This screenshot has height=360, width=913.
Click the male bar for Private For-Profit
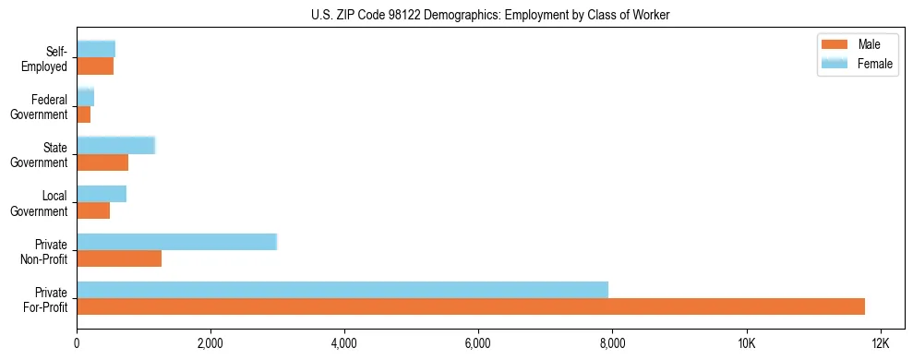[471, 306]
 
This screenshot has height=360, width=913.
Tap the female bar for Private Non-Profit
[176, 242]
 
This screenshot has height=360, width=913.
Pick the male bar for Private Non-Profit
[119, 258]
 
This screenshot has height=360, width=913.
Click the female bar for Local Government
[102, 194]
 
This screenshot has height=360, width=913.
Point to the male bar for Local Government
[93, 210]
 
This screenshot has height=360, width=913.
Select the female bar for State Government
[115, 145]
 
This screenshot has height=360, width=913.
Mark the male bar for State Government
[102, 162]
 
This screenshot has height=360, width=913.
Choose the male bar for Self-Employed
[95, 66]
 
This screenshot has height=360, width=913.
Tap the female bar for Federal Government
[85, 97]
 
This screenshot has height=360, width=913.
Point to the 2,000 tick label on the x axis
[210, 343]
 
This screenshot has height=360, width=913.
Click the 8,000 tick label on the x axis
[612, 343]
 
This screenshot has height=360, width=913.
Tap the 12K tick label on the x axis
[880, 343]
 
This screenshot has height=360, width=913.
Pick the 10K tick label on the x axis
[746, 343]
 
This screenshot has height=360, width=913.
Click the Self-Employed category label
[48, 59]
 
